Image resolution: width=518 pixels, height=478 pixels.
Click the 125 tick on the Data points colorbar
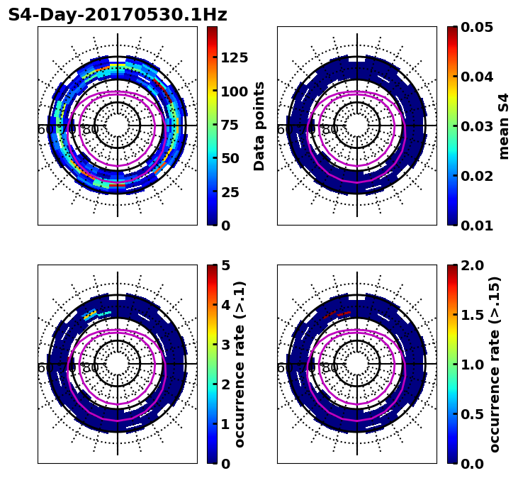tap(234, 57)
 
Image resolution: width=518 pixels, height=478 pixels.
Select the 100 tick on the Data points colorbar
tap(234, 91)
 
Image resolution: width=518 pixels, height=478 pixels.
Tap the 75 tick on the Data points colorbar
tap(230, 125)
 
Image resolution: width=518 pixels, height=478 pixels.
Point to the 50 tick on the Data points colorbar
tap(230, 158)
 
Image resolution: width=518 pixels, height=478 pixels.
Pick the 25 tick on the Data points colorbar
tap(230, 191)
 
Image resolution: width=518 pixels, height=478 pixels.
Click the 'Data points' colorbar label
tap(259, 126)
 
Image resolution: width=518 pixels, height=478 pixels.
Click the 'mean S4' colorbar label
tap(504, 126)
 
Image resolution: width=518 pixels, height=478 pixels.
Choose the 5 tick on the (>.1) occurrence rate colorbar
tap(225, 265)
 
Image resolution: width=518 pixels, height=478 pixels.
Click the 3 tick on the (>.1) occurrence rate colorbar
tap(225, 345)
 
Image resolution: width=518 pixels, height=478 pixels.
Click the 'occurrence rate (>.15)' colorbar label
tap(495, 364)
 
